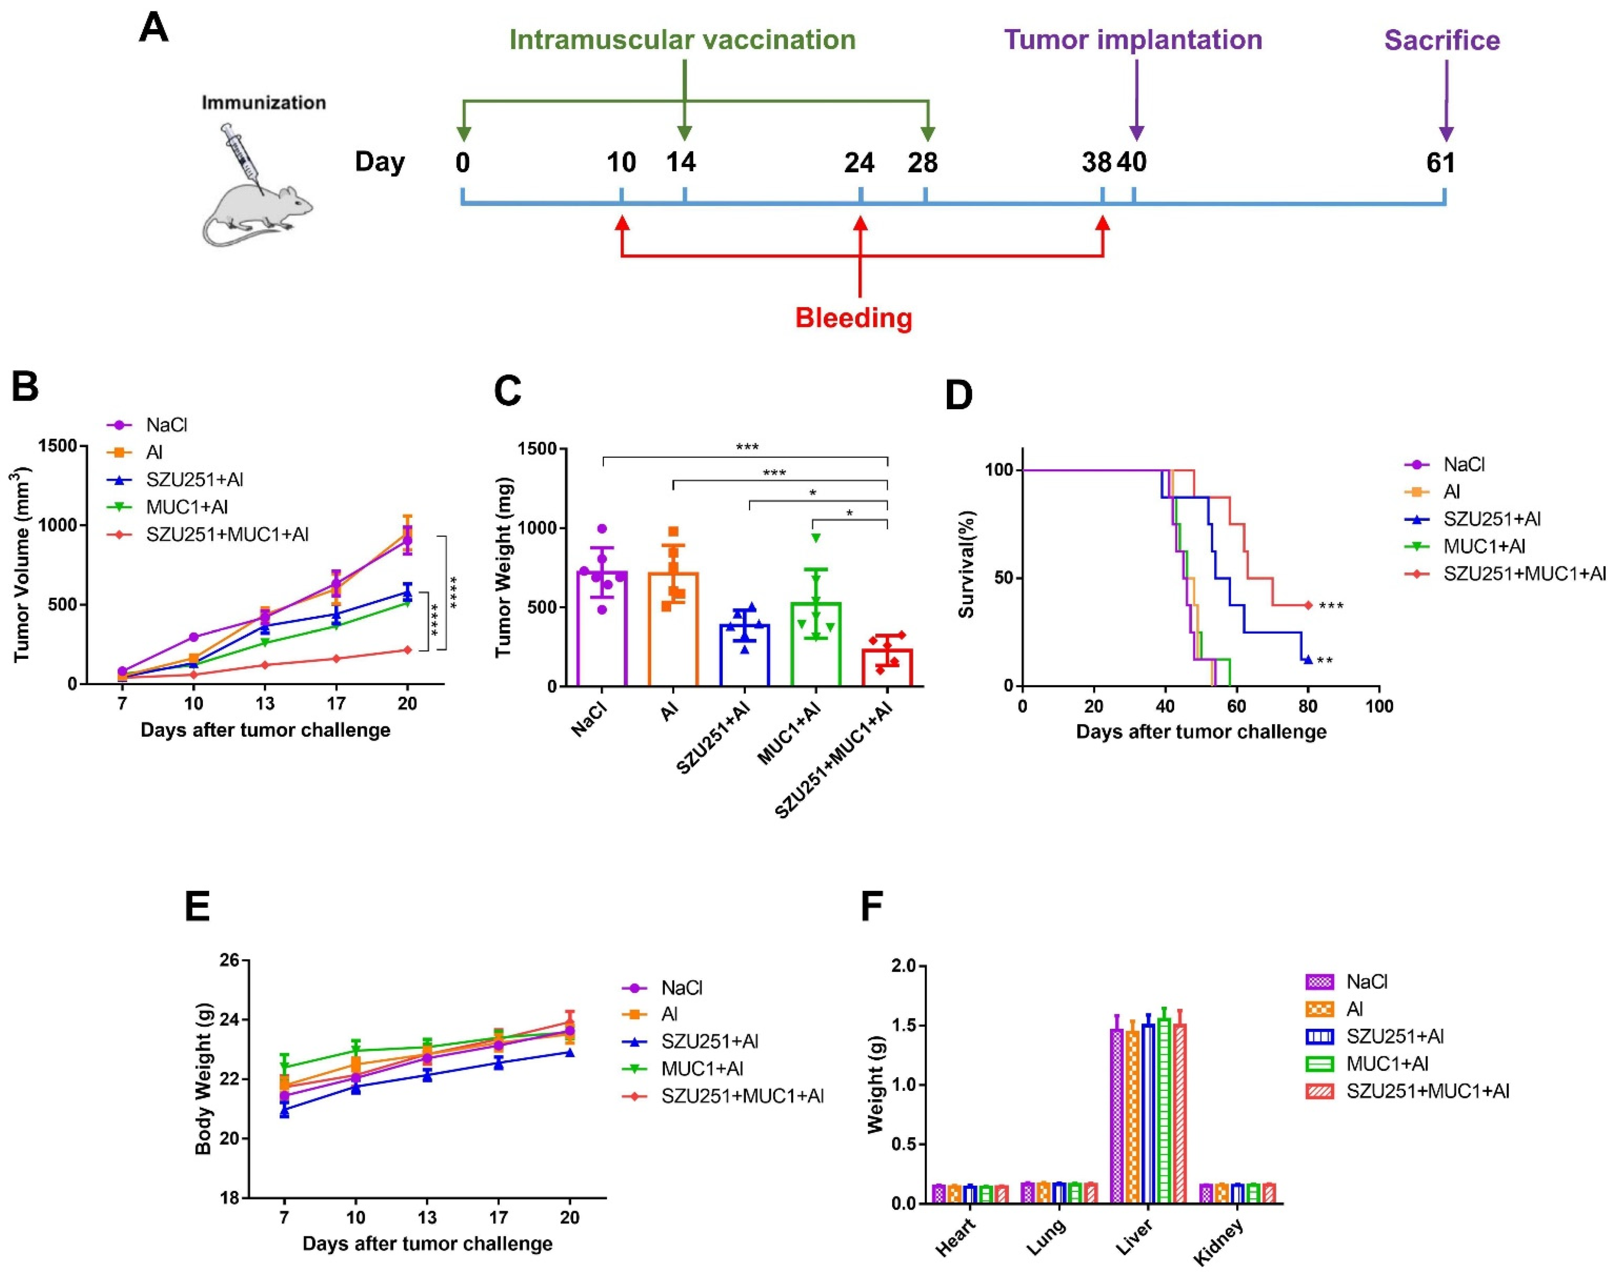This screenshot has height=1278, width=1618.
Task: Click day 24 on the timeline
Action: (x=859, y=162)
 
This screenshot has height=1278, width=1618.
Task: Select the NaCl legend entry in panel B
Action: (x=166, y=425)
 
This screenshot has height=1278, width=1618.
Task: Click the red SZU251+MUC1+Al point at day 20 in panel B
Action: (x=407, y=649)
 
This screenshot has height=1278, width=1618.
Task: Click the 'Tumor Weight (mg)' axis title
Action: (x=503, y=567)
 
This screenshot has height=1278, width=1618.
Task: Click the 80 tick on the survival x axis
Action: (x=1307, y=706)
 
